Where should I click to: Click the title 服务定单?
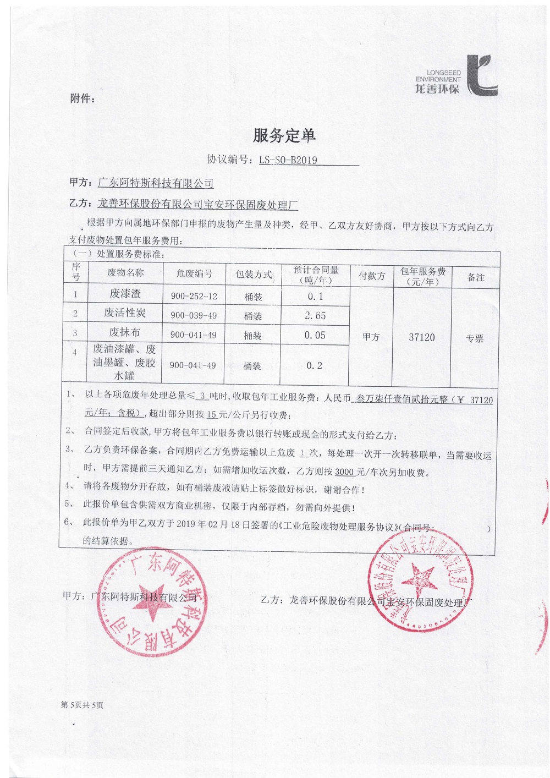(284, 135)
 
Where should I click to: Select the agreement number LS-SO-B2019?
(288, 160)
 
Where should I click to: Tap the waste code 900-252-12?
(194, 296)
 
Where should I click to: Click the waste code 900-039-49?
(194, 315)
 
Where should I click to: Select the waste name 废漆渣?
(125, 294)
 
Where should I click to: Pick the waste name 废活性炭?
(125, 313)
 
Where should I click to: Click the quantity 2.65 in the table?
(315, 316)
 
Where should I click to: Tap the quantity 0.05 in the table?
(315, 335)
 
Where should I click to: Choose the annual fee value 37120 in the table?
(422, 337)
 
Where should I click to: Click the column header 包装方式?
(254, 274)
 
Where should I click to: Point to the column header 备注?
(476, 277)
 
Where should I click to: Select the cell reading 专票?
(475, 338)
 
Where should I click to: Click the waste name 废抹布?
(125, 332)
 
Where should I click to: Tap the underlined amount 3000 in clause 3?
(344, 472)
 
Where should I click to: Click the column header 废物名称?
(125, 272)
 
